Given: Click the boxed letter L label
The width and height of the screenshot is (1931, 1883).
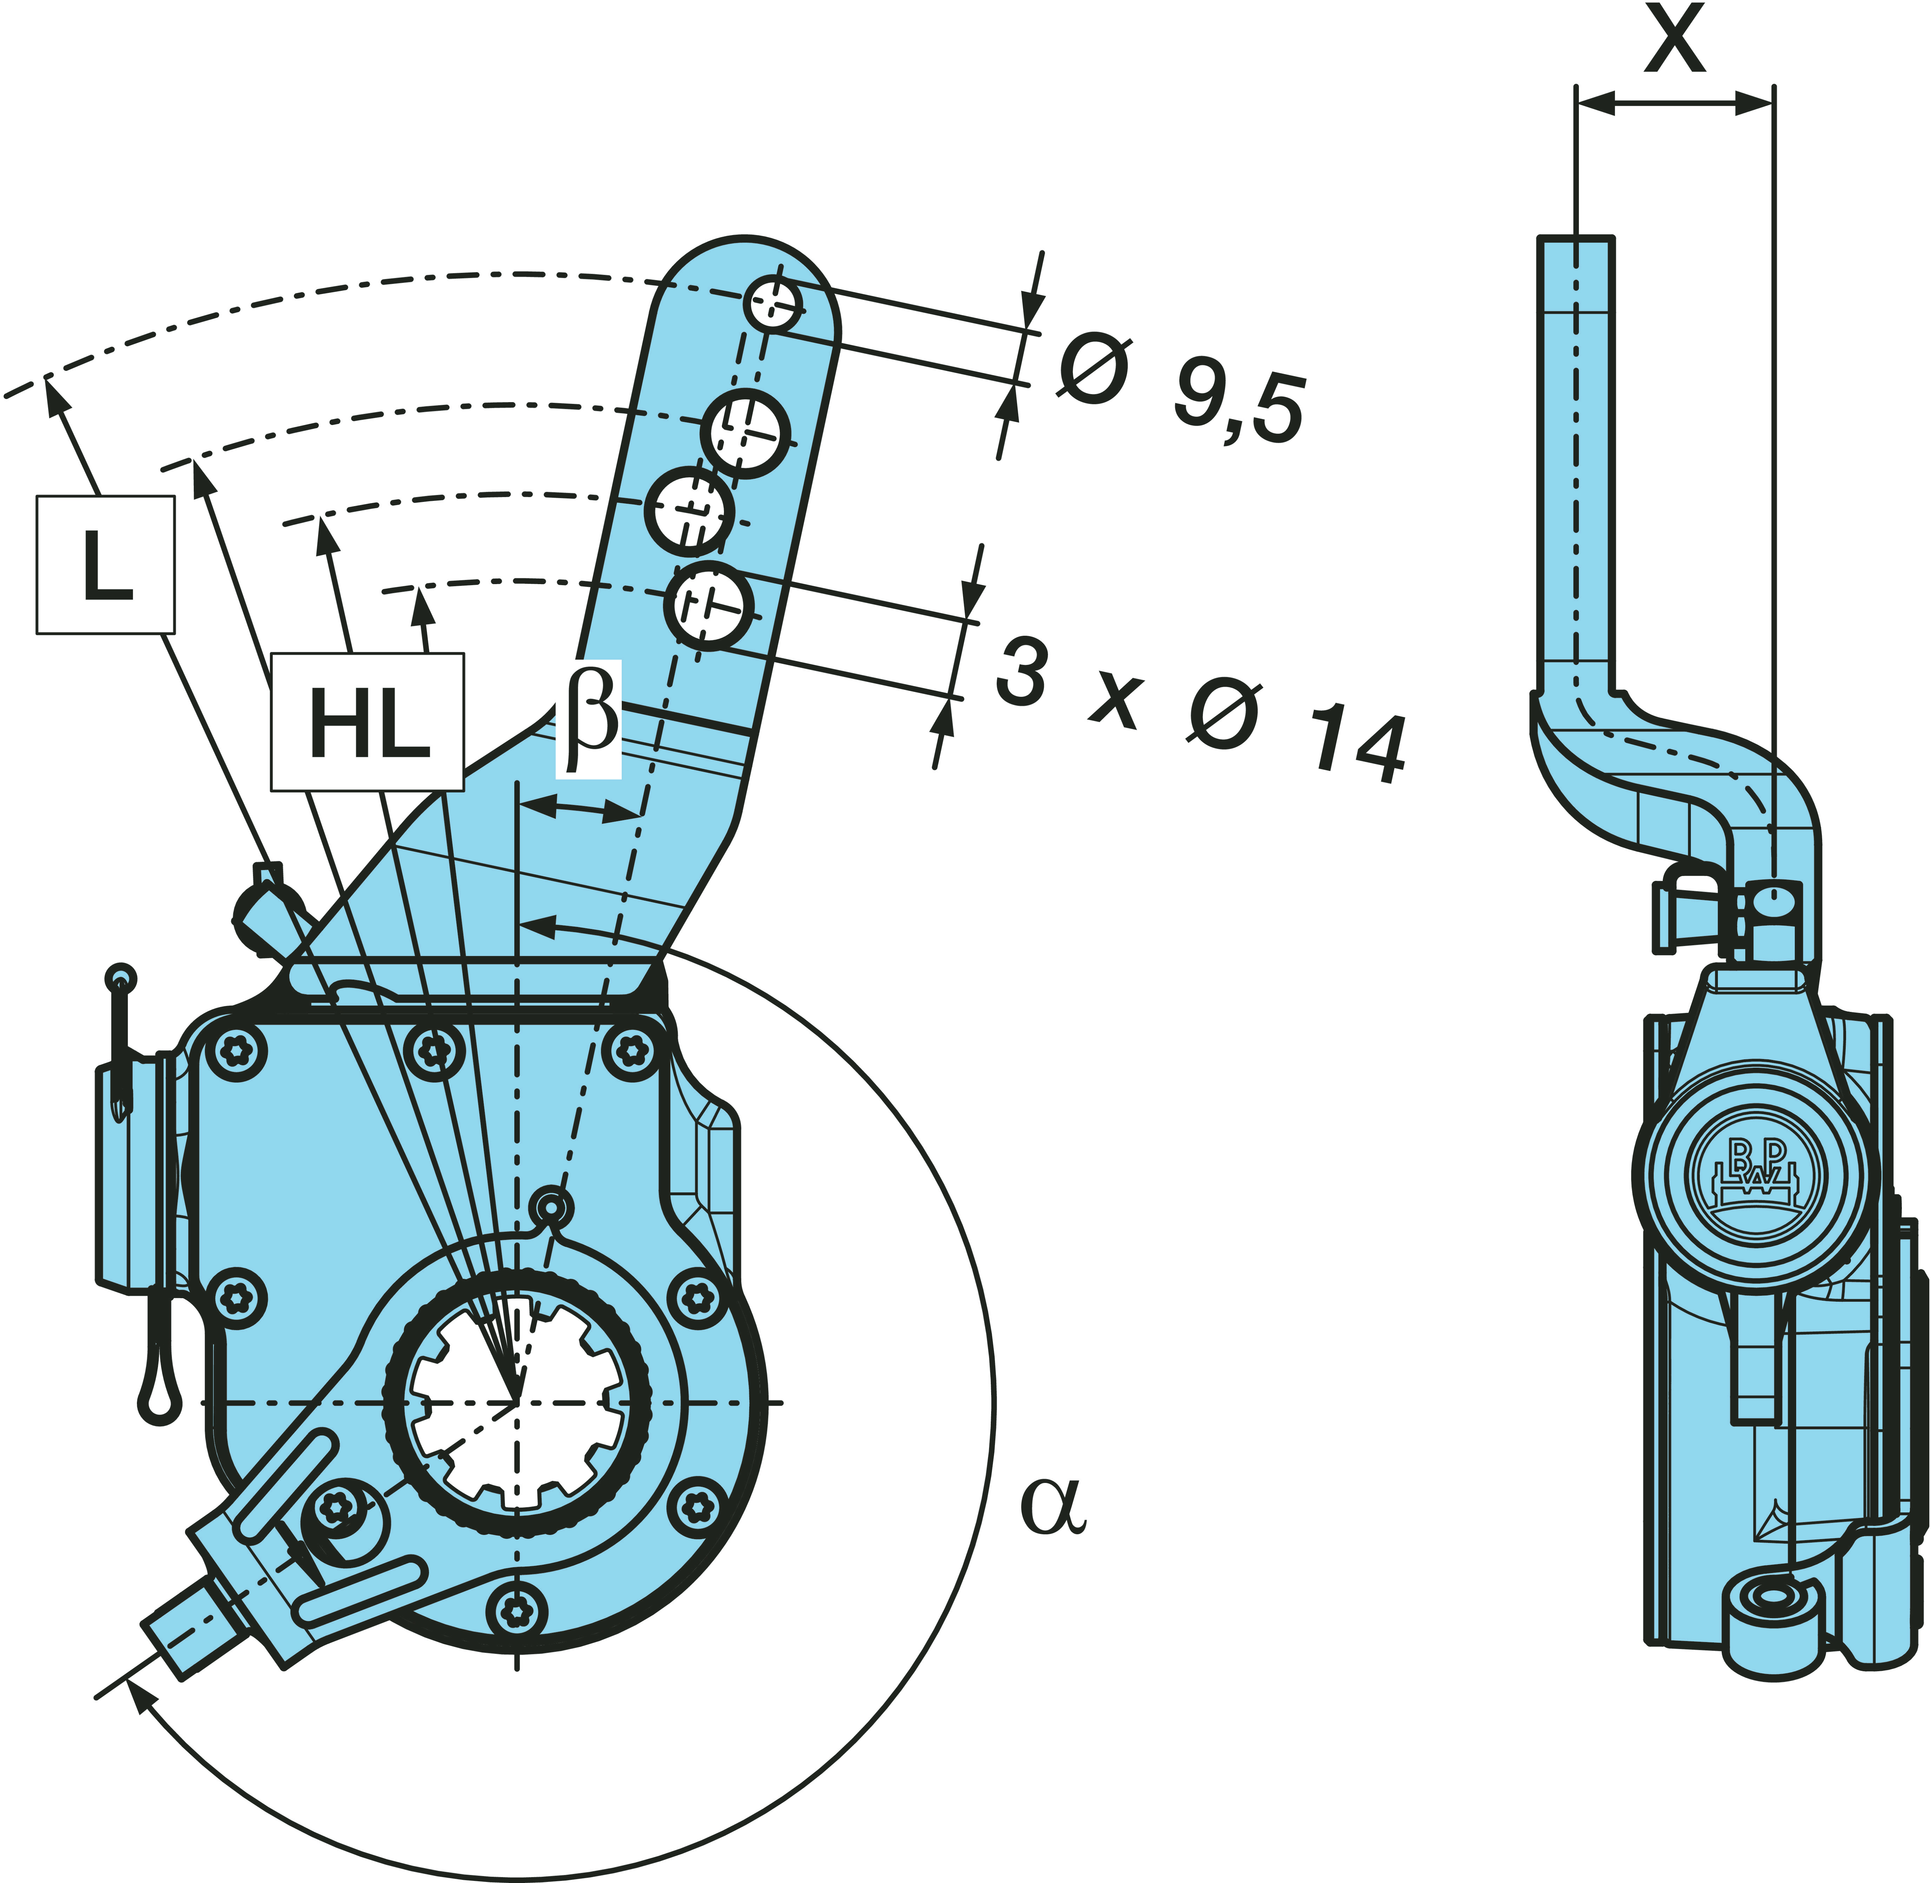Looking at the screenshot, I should [x=106, y=565].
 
